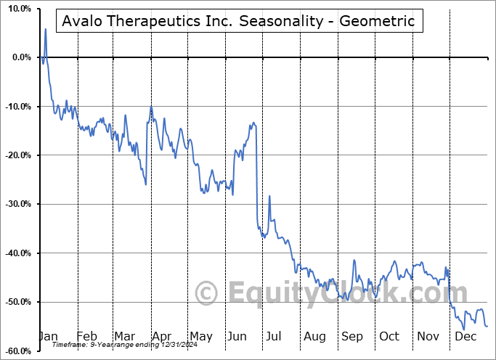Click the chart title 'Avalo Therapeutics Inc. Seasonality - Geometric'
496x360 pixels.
pyautogui.click(x=239, y=21)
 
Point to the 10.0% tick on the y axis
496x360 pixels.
pyautogui.click(x=17, y=9)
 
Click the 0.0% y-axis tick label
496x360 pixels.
pyautogui.click(x=19, y=57)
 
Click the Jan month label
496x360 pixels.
pyautogui.click(x=48, y=337)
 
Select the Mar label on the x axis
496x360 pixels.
pyautogui.click(x=123, y=337)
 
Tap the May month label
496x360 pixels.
pyautogui.click(x=200, y=337)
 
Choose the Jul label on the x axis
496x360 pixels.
pyautogui.click(x=275, y=337)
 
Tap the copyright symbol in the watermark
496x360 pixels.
pyautogui.click(x=208, y=294)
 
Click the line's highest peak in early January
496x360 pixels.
pyautogui.click(x=45, y=29)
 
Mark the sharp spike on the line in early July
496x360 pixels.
pyautogui.click(x=269, y=196)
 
